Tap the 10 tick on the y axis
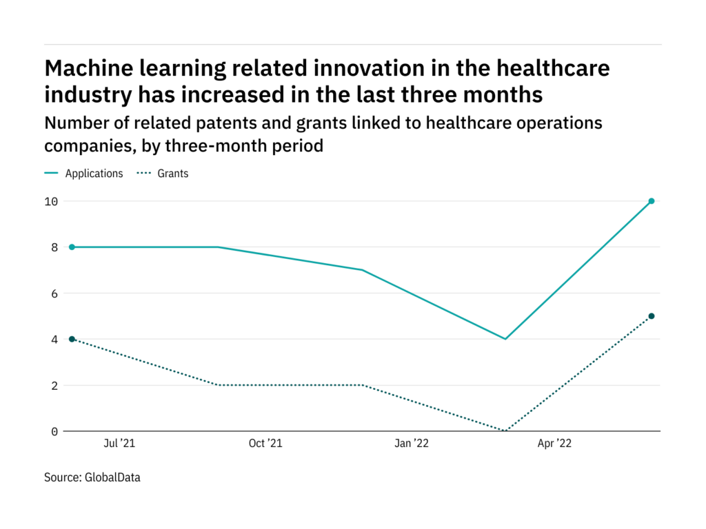coord(51,201)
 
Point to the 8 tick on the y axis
coord(54,247)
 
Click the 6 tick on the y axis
coord(54,293)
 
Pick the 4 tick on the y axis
coord(54,340)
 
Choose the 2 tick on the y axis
coord(54,386)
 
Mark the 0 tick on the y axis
coord(54,432)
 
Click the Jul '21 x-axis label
coord(119,444)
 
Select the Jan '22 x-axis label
coord(412,444)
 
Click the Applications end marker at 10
coord(652,201)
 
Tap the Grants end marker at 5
coord(652,316)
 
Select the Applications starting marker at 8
coord(72,247)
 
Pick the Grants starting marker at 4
coord(72,339)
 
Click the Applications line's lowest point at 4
coord(506,339)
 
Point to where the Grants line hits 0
coord(506,431)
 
